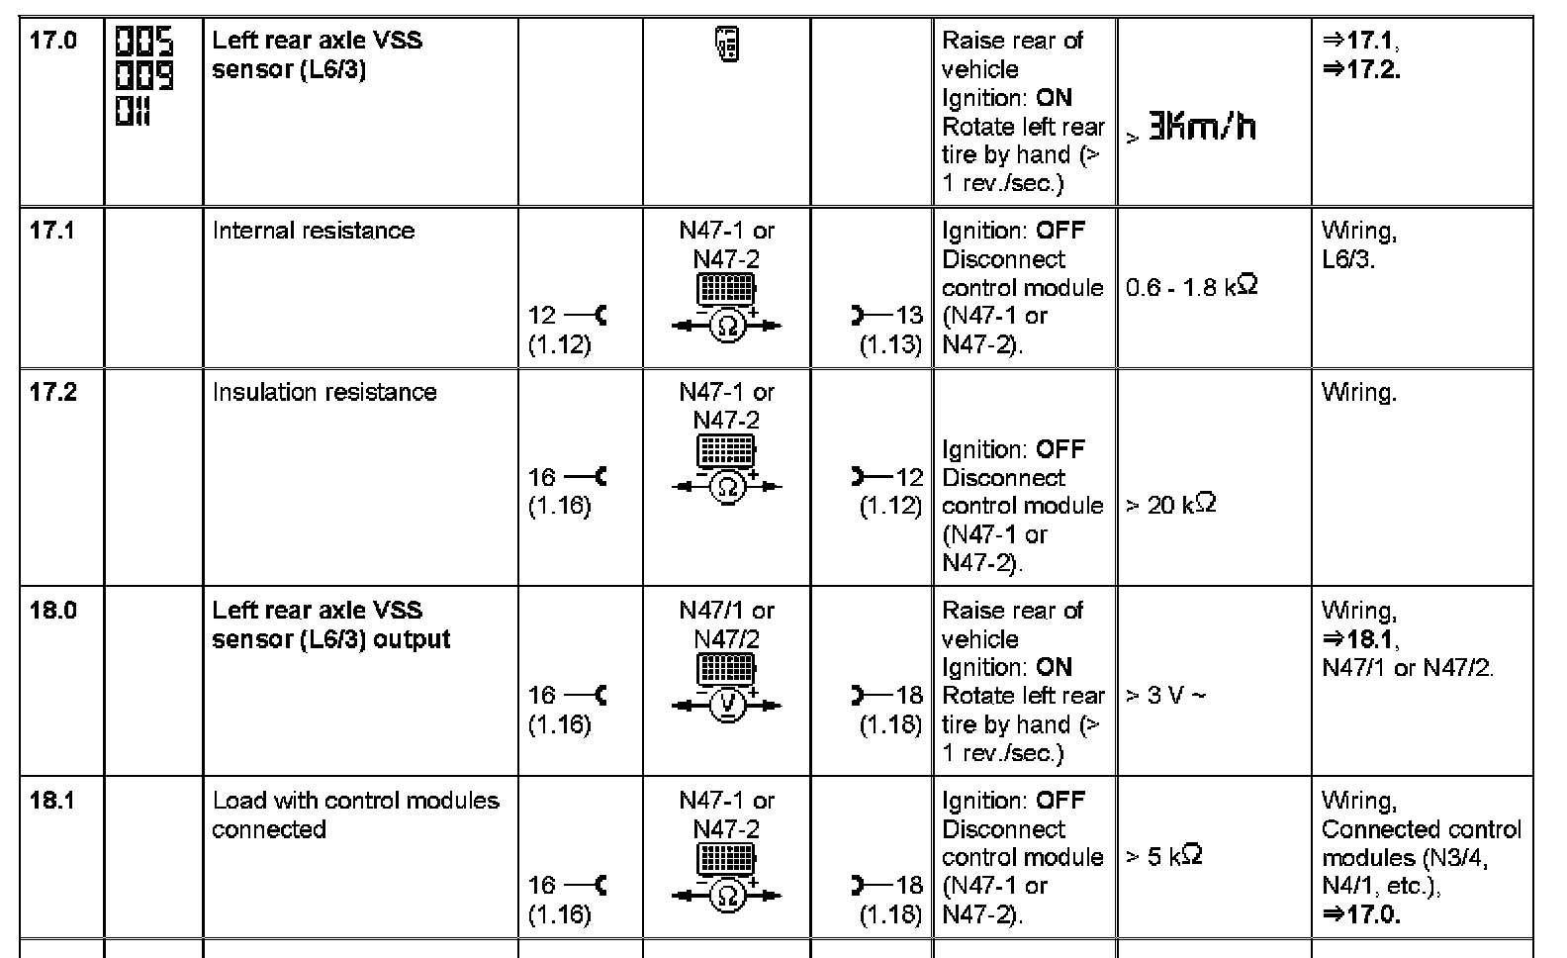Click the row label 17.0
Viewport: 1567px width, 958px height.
click(x=52, y=42)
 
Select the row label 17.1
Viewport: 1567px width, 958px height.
click(x=52, y=232)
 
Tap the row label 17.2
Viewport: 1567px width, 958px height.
click(x=52, y=393)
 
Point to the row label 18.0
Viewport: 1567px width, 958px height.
click(x=52, y=611)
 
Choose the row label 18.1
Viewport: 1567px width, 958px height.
click(x=52, y=801)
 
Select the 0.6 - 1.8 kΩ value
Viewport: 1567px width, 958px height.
click(x=1191, y=288)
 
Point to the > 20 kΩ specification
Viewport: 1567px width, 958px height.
click(x=1171, y=506)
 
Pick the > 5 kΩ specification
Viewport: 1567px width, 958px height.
click(x=1164, y=857)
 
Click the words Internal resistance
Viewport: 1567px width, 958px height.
click(x=314, y=232)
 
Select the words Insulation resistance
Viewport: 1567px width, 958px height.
click(x=324, y=393)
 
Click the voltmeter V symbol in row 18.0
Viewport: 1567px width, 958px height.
click(x=727, y=704)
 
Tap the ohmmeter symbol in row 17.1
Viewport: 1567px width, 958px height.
click(x=727, y=325)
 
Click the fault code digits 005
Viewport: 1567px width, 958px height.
click(x=144, y=43)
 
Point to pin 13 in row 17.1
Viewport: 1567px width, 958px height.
click(x=908, y=316)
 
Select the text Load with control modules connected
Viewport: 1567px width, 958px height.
click(x=356, y=814)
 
